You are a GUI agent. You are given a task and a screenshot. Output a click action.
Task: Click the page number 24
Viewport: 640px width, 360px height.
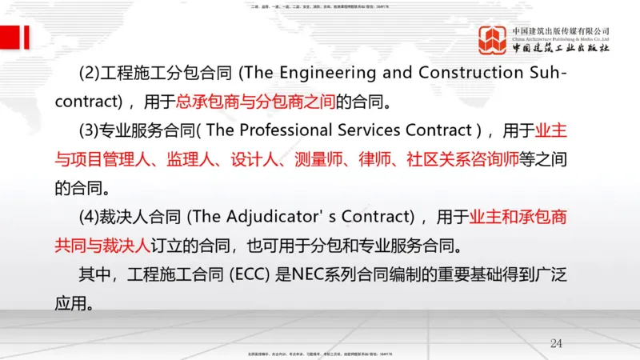point(557,343)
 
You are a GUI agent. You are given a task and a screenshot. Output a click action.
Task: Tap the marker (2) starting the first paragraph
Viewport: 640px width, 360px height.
point(89,73)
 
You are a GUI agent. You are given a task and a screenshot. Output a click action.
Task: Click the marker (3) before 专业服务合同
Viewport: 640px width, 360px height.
point(89,130)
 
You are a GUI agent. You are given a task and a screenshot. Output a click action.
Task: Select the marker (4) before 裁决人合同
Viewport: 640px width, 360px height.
point(89,218)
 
